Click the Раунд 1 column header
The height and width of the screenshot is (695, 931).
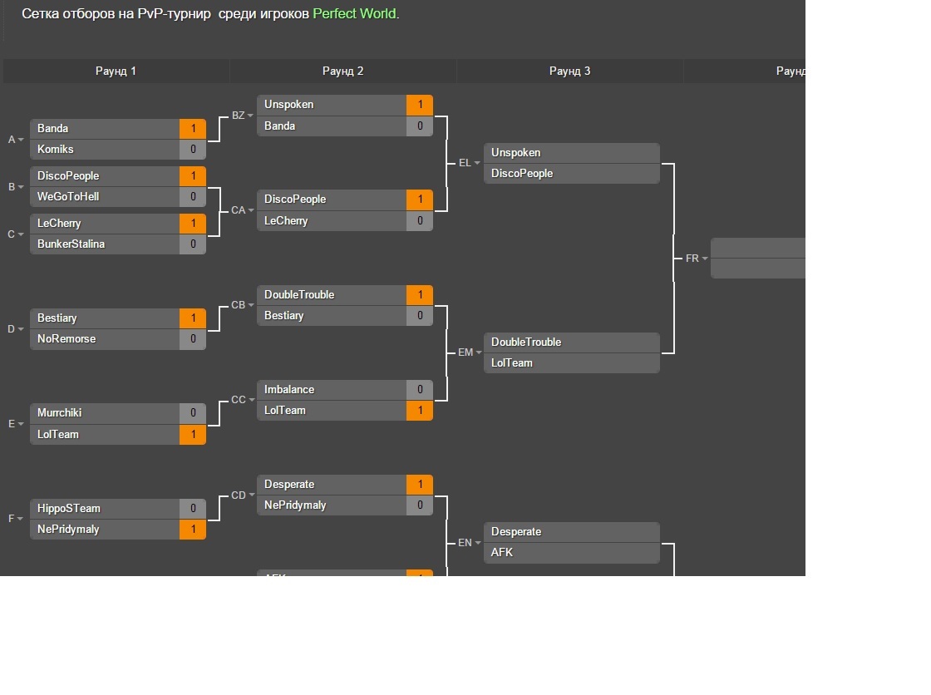pos(116,71)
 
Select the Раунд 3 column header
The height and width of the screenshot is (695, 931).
pos(569,71)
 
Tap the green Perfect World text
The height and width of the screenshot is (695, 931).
pos(354,14)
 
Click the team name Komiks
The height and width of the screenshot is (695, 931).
pos(56,150)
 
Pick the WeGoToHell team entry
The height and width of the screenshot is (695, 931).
pos(68,197)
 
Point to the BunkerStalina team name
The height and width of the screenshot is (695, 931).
pos(71,244)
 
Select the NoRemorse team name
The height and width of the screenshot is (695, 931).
pos(66,339)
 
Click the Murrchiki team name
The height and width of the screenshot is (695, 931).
pos(60,413)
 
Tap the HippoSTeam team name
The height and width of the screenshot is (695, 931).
pos(69,509)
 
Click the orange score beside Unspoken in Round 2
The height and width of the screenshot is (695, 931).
pos(420,105)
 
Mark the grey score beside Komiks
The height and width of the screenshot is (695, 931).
pos(193,150)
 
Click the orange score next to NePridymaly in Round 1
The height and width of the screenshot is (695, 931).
pos(193,530)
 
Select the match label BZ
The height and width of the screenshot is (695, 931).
pos(239,116)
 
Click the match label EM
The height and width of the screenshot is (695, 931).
pos(465,352)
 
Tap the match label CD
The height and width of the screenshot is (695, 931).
pos(239,495)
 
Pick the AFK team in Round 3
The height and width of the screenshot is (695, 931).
pos(502,553)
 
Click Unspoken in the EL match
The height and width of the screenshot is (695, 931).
pos(515,153)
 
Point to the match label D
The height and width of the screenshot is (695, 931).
pos(12,329)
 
